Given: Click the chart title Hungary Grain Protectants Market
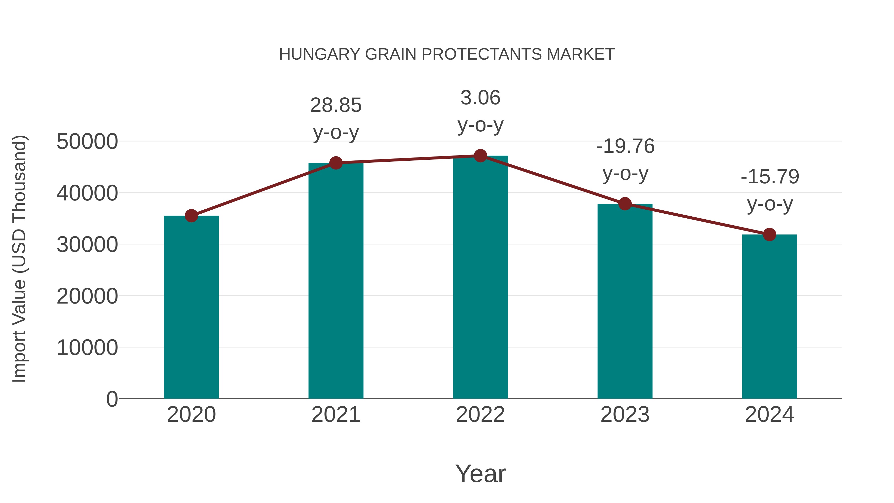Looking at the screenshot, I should [x=447, y=54].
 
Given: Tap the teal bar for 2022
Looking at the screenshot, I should [x=480, y=278].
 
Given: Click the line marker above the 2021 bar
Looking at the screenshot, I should [x=335, y=163].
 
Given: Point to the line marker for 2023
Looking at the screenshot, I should [x=625, y=204].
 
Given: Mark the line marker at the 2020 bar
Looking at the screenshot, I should [x=191, y=216].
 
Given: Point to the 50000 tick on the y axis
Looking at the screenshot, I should [x=87, y=142].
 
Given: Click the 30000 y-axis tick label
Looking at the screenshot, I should [x=87, y=245].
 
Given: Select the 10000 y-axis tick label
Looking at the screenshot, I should [x=87, y=348].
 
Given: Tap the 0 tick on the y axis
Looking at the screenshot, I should [x=112, y=399].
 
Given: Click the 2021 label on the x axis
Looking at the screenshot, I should [x=335, y=415].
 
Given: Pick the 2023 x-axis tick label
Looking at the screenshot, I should [x=625, y=415].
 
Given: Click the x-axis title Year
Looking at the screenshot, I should [x=480, y=473].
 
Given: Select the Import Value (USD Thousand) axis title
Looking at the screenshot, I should [x=19, y=259].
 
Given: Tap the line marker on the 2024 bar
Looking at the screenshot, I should [x=769, y=235].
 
